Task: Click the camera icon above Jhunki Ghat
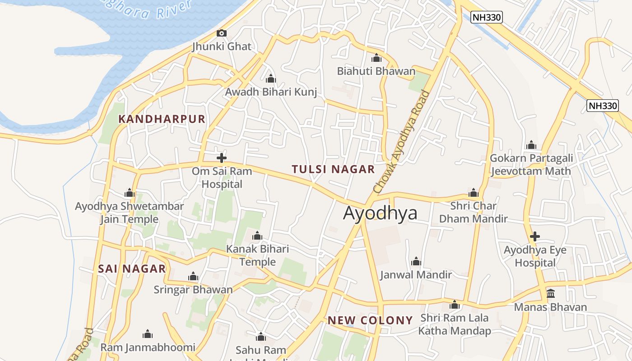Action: tap(221, 33)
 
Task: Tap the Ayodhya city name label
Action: tap(380, 213)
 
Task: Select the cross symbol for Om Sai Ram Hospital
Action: tap(222, 158)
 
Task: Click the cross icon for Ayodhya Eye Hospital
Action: tap(535, 236)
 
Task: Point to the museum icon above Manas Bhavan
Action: tap(551, 294)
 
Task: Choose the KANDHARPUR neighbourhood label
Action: tap(162, 119)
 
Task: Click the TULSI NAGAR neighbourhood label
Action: tap(333, 169)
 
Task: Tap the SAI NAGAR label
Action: tap(132, 269)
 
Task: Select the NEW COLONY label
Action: tap(370, 320)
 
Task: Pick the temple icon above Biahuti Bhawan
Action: tap(376, 58)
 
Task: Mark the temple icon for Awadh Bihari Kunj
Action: tap(271, 79)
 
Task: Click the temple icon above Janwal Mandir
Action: tap(416, 261)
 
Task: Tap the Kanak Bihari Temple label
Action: tap(257, 255)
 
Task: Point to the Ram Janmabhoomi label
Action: tap(148, 347)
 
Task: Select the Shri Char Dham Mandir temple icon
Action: tap(474, 193)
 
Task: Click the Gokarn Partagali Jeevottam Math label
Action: tap(531, 165)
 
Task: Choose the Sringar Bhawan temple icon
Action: tap(193, 276)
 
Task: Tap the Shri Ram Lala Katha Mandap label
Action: tap(454, 324)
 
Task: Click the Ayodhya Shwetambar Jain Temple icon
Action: tap(130, 193)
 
